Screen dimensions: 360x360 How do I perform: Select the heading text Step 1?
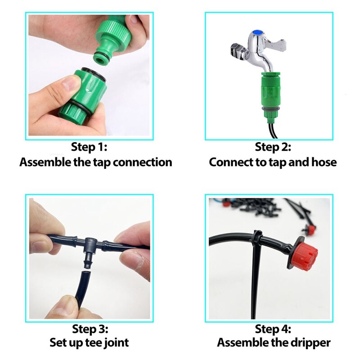tap(90, 147)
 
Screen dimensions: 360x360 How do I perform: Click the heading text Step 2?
tap(273, 147)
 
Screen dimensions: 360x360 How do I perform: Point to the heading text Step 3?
tap(90, 329)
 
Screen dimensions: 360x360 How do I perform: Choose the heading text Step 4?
tap(273, 329)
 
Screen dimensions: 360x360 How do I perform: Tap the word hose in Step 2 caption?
tap(324, 162)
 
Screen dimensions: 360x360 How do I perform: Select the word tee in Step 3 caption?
tap(94, 343)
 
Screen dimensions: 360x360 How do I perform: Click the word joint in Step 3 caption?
tap(115, 343)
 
